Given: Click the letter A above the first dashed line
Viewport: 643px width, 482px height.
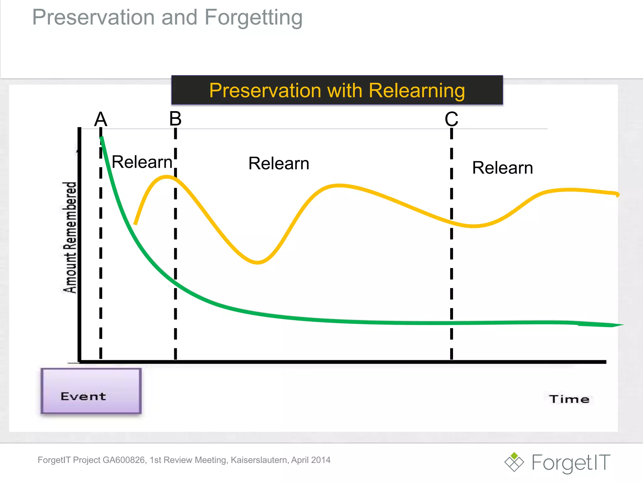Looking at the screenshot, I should point(101,119).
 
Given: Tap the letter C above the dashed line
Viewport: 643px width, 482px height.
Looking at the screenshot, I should point(451,119).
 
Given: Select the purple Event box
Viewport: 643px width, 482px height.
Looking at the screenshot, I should point(91,391).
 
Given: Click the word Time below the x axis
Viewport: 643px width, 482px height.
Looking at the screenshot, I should point(569,399).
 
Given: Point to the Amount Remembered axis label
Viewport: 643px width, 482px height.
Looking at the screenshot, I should point(70,238).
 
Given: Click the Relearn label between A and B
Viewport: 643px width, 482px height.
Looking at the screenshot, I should point(142,162).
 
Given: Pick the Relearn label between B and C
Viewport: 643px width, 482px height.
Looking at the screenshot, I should point(279,163).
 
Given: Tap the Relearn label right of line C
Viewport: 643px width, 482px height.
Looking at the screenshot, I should point(502,168).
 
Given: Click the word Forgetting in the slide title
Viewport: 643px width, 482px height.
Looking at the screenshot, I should point(253,18).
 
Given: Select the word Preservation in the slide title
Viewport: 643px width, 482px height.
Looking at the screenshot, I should point(94,18).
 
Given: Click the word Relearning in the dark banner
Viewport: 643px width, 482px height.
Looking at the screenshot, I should point(417,91).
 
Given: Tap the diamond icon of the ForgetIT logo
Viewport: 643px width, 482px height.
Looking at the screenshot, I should point(514,462).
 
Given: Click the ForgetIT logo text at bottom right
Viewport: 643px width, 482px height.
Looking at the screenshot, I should point(571,463).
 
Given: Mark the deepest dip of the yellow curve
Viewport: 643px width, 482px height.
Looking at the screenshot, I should point(257,262).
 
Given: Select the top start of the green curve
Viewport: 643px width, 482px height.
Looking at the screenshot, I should point(101,137).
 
